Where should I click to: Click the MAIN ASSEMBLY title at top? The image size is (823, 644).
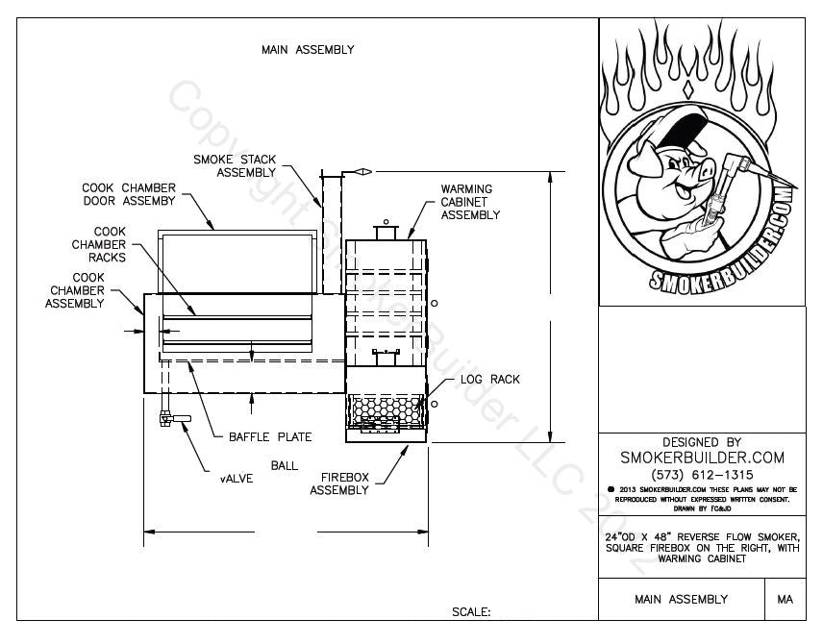[308, 50]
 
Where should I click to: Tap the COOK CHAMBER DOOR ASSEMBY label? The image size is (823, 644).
[128, 194]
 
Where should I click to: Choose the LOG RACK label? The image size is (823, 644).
[489, 380]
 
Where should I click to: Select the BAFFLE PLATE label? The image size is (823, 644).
[270, 437]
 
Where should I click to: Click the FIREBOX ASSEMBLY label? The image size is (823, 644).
[338, 483]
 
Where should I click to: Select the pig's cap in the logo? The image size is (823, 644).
[663, 135]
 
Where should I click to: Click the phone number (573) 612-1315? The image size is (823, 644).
[702, 475]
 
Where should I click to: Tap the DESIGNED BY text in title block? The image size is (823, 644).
[702, 442]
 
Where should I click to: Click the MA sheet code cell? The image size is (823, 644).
[785, 599]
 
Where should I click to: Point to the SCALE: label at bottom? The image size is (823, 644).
[471, 611]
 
